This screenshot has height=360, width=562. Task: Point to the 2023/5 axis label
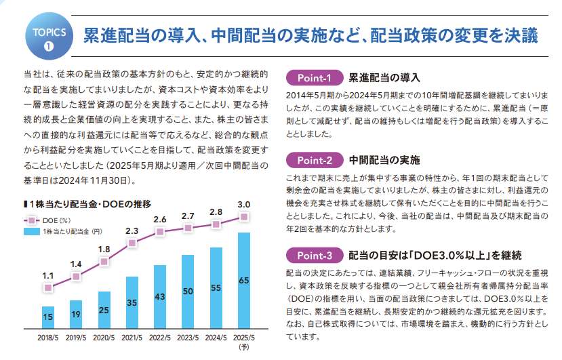pos(188,337)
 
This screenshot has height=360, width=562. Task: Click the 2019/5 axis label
pos(76,337)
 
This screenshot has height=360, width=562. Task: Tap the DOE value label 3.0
pos(244,204)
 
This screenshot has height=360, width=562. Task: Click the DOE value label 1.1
pos(48,275)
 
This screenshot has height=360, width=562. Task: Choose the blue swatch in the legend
pos(31,232)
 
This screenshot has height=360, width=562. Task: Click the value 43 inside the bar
pos(160,296)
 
